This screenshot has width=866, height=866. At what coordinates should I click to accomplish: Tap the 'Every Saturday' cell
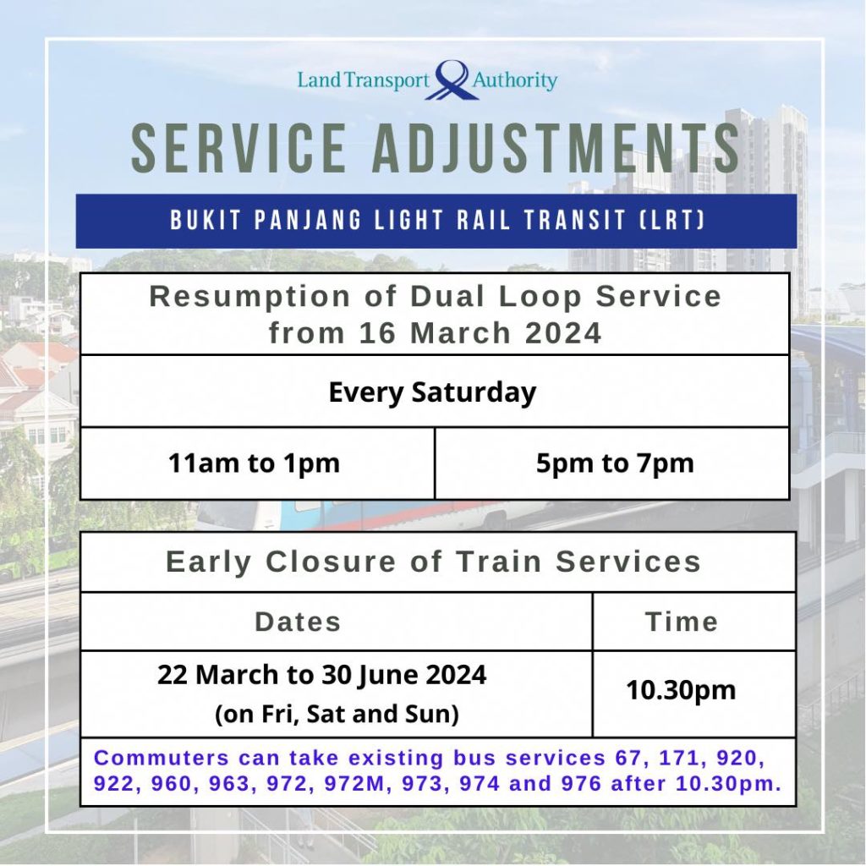[x=432, y=392]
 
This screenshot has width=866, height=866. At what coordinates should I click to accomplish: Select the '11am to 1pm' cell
[x=254, y=463]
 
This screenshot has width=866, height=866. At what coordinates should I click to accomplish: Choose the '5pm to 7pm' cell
[x=615, y=463]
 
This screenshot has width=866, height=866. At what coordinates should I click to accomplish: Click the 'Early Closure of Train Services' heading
[x=433, y=562]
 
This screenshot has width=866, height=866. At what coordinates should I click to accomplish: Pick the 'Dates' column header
[x=298, y=622]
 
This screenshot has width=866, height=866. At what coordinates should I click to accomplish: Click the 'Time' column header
[x=682, y=622]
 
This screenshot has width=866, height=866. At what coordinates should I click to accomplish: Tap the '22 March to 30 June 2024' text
[x=322, y=675]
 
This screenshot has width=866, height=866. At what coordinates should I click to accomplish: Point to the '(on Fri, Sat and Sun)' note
[x=337, y=715]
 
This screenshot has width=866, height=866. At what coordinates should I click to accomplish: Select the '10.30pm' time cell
[x=681, y=690]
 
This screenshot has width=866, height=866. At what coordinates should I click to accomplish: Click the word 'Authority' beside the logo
[x=515, y=81]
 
